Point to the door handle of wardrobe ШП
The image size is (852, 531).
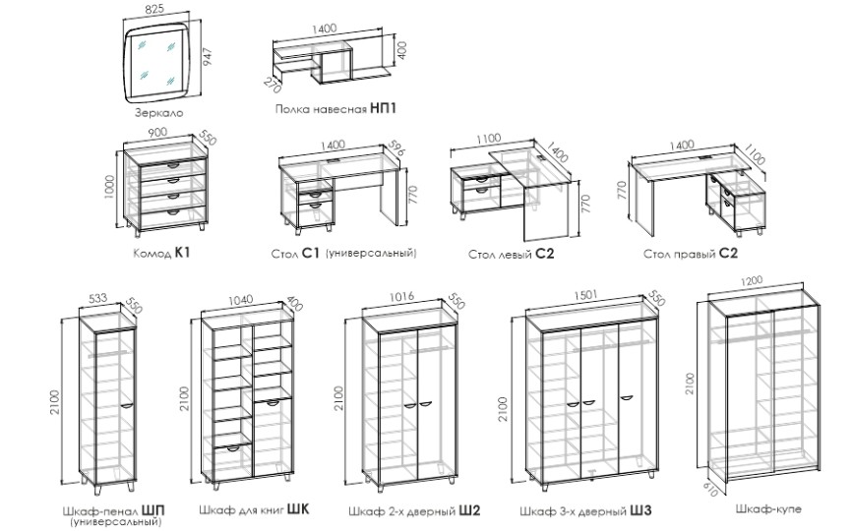[126, 404]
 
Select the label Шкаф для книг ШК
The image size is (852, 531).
[254, 510]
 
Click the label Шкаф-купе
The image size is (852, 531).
[767, 509]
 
